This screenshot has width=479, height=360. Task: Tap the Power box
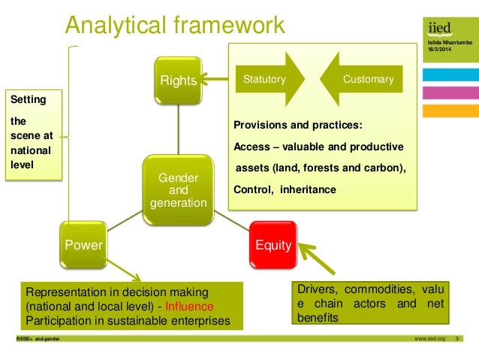click(84, 243)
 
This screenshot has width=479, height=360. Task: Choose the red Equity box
click(273, 243)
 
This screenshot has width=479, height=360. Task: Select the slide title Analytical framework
click(175, 26)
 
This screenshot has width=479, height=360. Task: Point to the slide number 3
click(457, 340)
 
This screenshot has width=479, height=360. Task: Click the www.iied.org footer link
click(429, 340)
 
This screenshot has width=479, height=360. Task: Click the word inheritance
click(309, 189)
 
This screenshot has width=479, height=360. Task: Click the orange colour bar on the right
click(449, 110)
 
